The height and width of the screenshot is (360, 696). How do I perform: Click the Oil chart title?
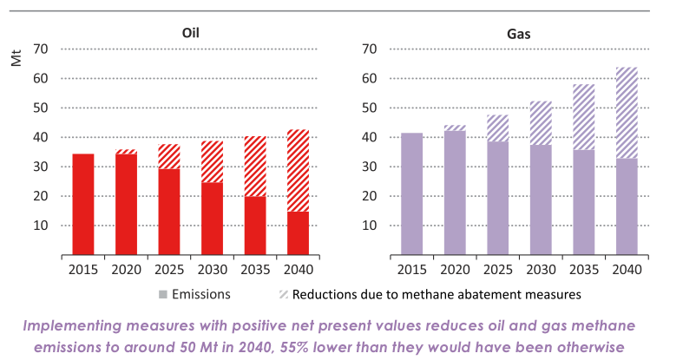pyautogui.click(x=190, y=33)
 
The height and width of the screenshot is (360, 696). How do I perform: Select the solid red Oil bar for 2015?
pyautogui.click(x=82, y=204)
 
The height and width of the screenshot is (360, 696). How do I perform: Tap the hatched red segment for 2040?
pyautogui.click(x=298, y=170)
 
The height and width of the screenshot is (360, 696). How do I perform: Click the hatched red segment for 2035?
pyautogui.click(x=254, y=166)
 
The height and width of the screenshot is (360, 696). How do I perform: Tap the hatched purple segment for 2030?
pyautogui.click(x=542, y=122)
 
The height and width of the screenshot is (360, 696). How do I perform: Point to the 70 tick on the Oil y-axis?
pyautogui.click(x=42, y=49)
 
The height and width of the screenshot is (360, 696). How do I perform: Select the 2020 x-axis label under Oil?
pyautogui.click(x=126, y=270)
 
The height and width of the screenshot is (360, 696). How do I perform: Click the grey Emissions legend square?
pyautogui.click(x=162, y=294)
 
